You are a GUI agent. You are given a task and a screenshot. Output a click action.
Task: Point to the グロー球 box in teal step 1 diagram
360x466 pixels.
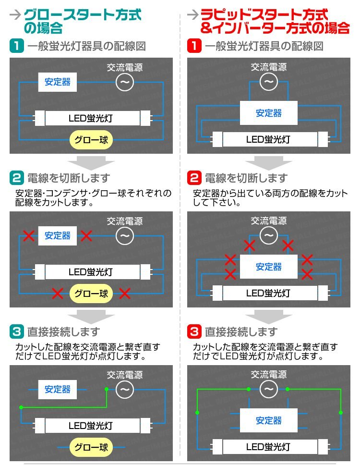pyautogui.click(x=91, y=140)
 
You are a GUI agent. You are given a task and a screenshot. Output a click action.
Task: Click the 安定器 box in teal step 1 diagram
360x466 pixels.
pyautogui.click(x=58, y=82)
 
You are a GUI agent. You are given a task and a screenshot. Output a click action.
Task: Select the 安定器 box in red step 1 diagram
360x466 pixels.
pyautogui.click(x=269, y=113)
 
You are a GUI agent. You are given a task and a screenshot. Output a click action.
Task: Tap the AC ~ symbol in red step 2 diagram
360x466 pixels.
pyautogui.click(x=269, y=236)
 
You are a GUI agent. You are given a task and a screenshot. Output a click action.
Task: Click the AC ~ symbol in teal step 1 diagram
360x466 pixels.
pyautogui.click(x=124, y=83)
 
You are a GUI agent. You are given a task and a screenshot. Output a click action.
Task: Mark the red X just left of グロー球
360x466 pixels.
pyautogui.click(x=58, y=293)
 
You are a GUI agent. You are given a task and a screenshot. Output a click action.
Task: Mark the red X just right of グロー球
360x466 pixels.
pyautogui.click(x=125, y=293)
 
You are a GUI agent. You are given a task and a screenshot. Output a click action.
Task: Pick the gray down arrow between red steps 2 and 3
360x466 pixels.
pyautogui.click(x=269, y=317)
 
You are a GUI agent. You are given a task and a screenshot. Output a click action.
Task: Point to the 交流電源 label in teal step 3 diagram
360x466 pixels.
pyautogui.click(x=124, y=375)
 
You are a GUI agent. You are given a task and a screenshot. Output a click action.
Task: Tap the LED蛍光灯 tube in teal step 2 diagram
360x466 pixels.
pyautogui.click(x=91, y=272)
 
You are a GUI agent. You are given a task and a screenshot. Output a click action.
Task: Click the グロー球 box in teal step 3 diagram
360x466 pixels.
pyautogui.click(x=91, y=447)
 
